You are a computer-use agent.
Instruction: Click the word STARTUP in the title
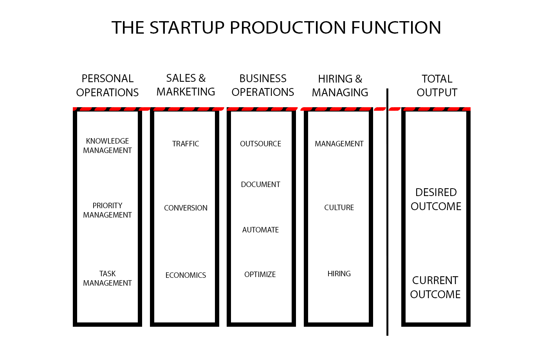coord(187,28)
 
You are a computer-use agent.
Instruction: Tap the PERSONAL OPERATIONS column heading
coord(107,85)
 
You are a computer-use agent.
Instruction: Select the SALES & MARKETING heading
coord(186,85)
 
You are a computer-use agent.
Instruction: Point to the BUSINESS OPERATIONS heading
coord(263,85)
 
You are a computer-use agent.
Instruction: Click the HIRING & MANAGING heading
coord(340,85)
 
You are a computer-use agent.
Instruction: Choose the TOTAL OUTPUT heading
coord(437,85)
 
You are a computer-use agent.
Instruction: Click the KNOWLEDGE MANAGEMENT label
coord(107,146)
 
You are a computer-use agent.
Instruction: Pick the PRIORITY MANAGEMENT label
coord(107,210)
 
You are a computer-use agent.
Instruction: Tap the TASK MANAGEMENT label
coord(107,278)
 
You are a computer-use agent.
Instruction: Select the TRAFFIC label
coord(186,144)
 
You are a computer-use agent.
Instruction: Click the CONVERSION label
coord(186,208)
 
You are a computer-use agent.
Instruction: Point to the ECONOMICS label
coord(186,275)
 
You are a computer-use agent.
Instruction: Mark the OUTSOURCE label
coord(260,144)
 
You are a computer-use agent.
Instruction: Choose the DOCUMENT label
coord(260,185)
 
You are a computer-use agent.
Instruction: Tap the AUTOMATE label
coord(260,230)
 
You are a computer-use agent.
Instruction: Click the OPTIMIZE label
coord(260,275)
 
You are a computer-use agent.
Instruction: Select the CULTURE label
coord(339,208)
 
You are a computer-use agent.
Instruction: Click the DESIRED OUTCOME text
coord(436,199)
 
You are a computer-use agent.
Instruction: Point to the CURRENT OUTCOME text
coord(435,287)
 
